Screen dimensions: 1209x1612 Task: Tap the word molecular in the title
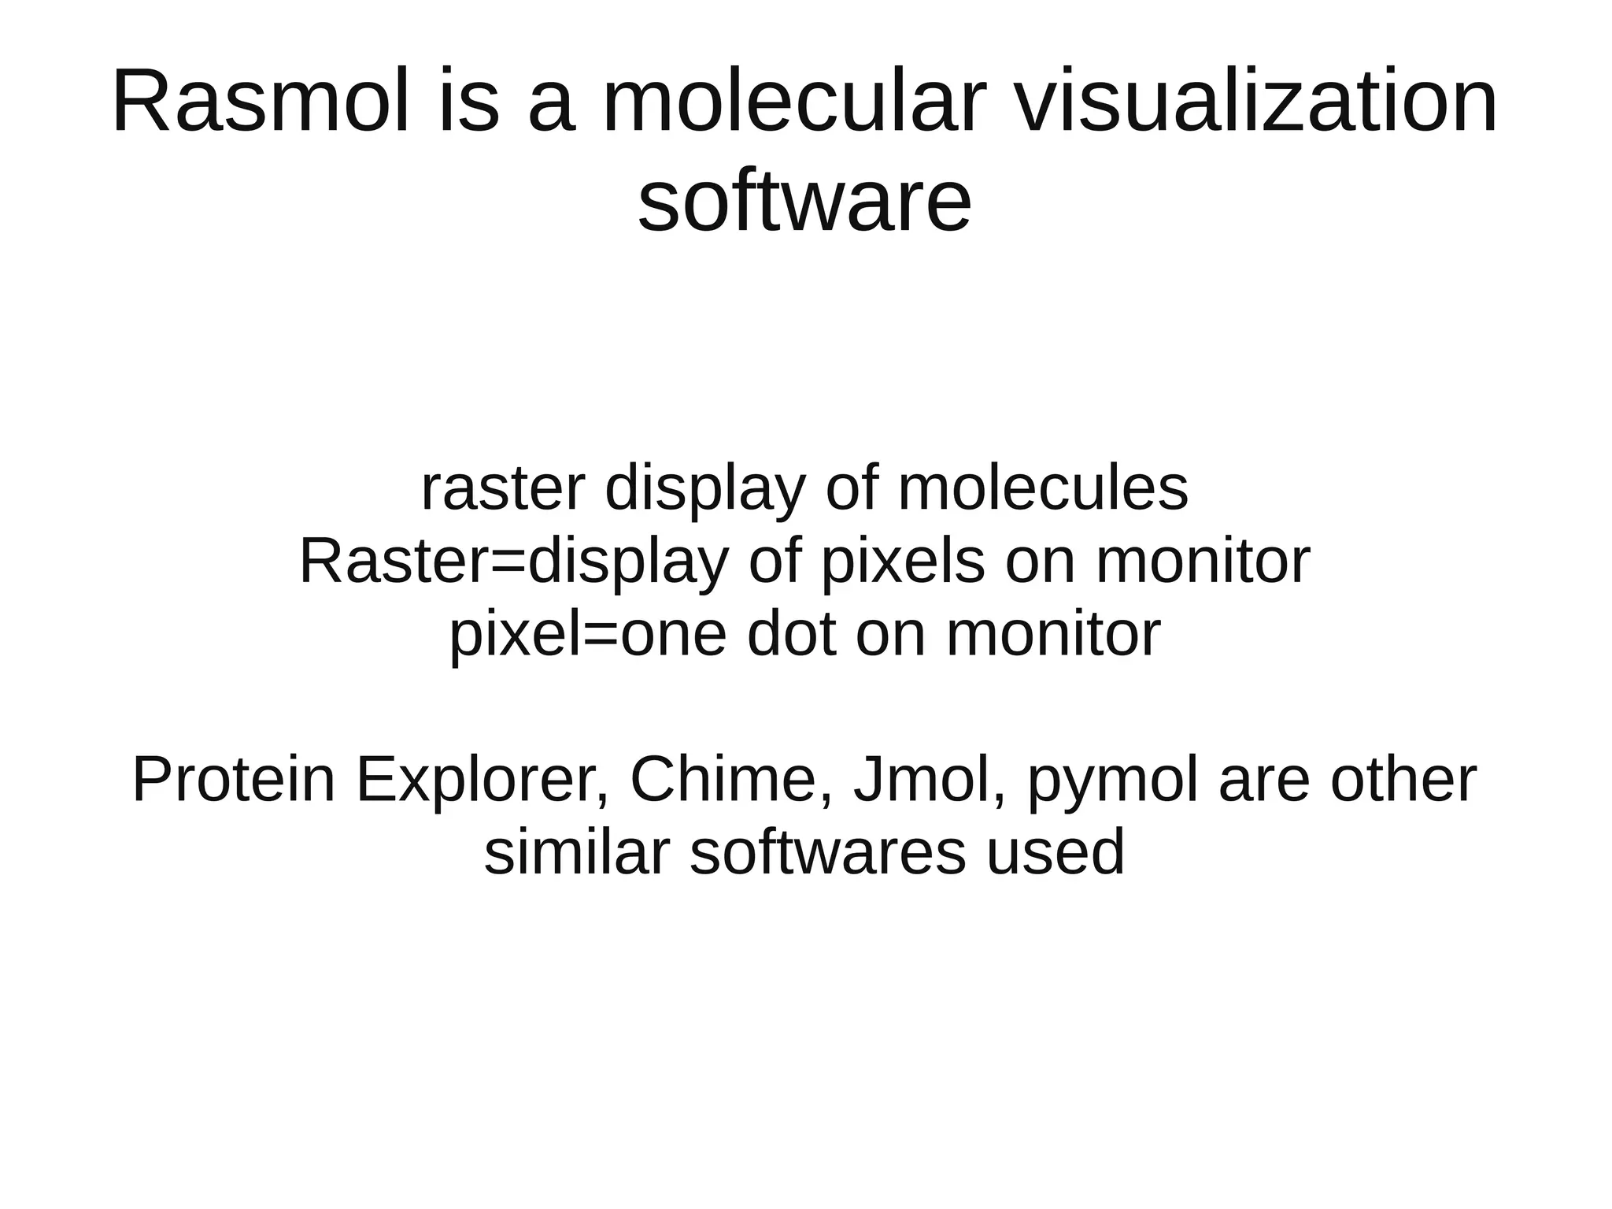[x=793, y=103]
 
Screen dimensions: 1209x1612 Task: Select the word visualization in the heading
[x=1255, y=103]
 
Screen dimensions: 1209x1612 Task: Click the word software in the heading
[x=804, y=203]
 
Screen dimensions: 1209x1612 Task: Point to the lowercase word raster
[x=502, y=489]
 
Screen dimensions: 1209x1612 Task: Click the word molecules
[x=1043, y=489]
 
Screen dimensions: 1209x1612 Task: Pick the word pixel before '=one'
[x=512, y=635]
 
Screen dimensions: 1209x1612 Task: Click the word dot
[x=791, y=635]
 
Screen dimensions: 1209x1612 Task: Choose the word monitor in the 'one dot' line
[x=1053, y=635]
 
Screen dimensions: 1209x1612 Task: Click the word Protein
[x=234, y=781]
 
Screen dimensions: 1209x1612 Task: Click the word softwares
[x=827, y=853]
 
